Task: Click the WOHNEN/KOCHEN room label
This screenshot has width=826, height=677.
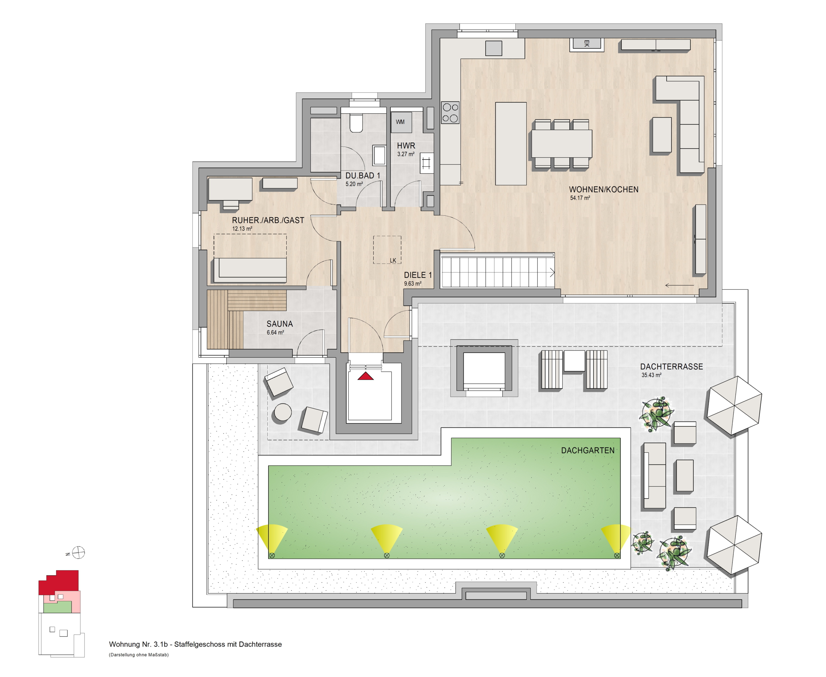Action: [x=603, y=190]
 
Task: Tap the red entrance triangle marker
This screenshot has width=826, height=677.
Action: [x=366, y=376]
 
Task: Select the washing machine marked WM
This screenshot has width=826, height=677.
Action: [x=401, y=122]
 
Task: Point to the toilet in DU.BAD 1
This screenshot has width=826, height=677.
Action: [x=356, y=123]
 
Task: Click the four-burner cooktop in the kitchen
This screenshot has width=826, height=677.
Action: [x=450, y=113]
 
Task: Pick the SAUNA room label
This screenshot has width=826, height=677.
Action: [x=279, y=324]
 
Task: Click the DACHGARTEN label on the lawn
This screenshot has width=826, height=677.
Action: [x=588, y=451]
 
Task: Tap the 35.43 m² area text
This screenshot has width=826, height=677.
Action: [x=651, y=375]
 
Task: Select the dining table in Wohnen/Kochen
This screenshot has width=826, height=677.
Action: [x=561, y=143]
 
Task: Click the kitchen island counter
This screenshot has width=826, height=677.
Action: [x=511, y=143]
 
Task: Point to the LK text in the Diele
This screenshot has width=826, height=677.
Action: [x=393, y=261]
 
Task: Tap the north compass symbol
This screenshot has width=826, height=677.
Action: [x=78, y=553]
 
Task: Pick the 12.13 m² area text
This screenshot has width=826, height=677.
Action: [x=242, y=229]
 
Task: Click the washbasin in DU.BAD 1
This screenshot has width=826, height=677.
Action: [x=379, y=155]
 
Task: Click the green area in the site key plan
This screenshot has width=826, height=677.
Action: [x=57, y=607]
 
